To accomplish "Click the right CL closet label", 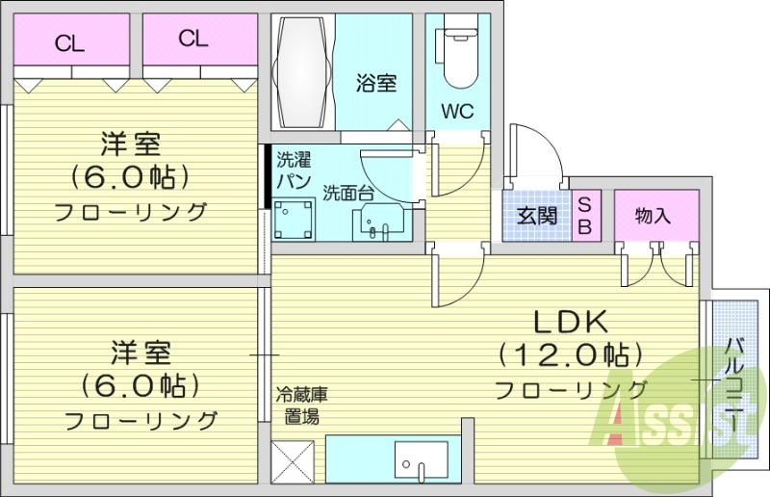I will pos(192,39).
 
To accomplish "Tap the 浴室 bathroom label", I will pos(376,84).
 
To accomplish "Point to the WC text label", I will pos(457,112).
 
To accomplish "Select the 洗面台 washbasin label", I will pos(348,192).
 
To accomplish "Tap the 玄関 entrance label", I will pos(536,216).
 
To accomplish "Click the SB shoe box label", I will pos(584,216).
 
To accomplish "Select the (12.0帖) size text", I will pos(569,354).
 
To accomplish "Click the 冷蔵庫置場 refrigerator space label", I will pos(302,405).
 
